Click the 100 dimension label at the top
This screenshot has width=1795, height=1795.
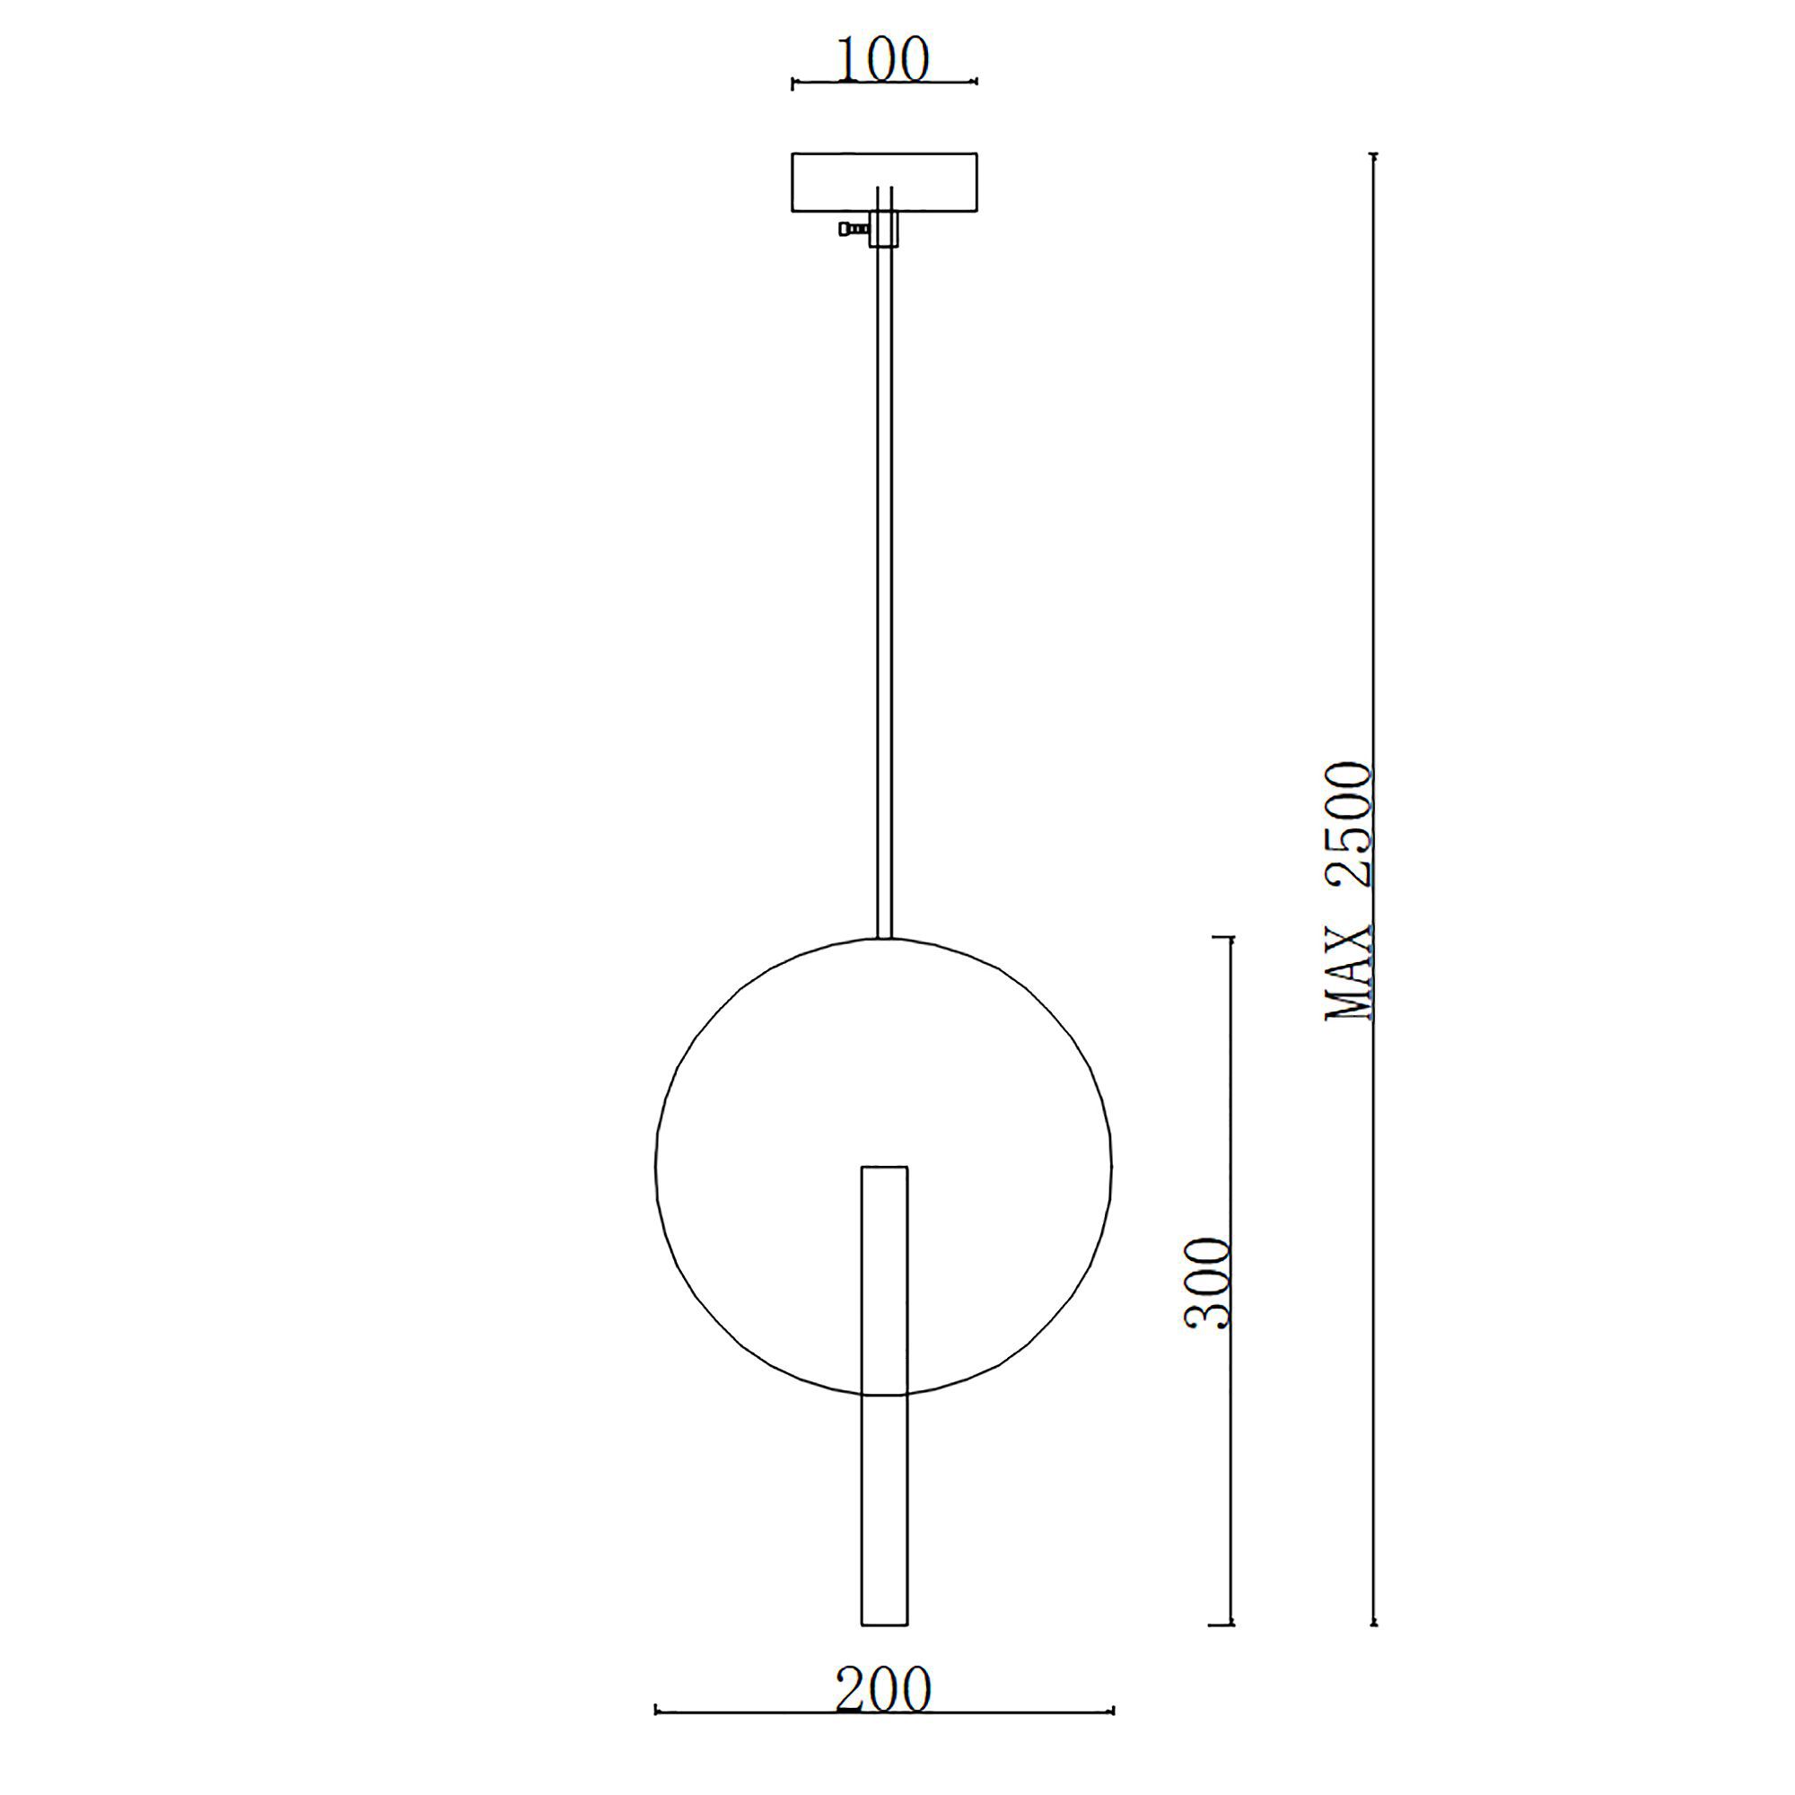882,60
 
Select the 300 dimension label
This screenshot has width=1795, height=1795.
1209,1283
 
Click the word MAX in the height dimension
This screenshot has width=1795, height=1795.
1350,976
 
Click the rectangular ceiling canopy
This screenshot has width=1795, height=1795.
883,182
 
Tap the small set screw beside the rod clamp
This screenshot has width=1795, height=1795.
853,228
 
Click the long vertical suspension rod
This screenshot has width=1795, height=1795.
885,562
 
